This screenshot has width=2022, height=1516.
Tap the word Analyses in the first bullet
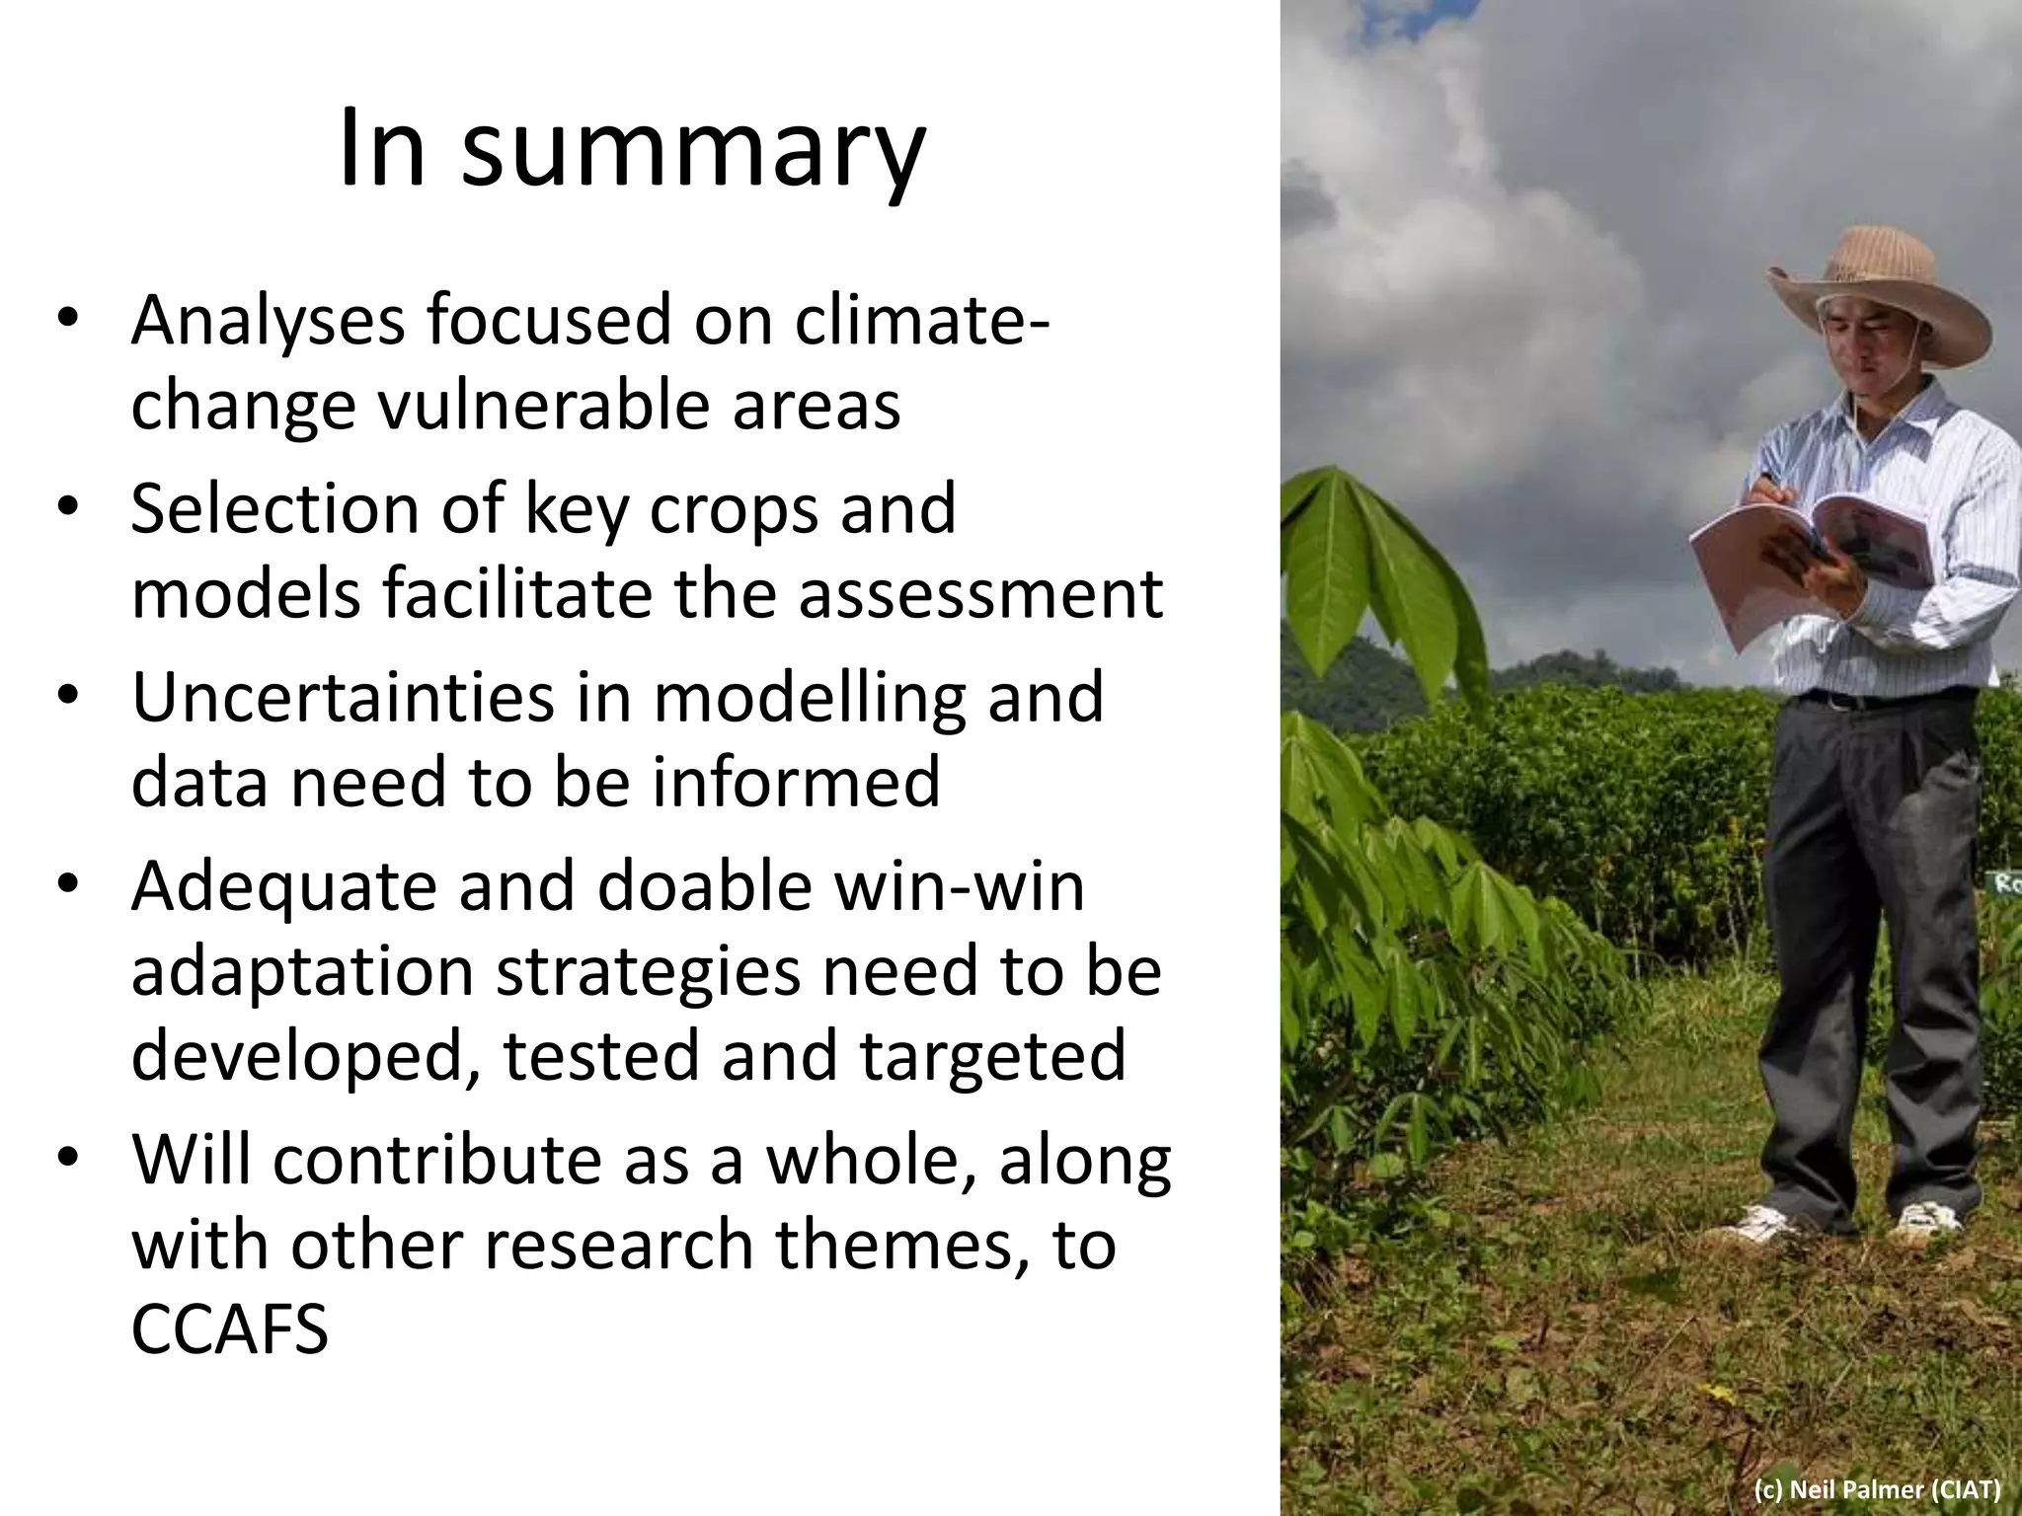[268, 321]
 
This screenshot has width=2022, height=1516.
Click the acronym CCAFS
[229, 1329]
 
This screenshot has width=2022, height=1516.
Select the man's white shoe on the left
[1767, 1226]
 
